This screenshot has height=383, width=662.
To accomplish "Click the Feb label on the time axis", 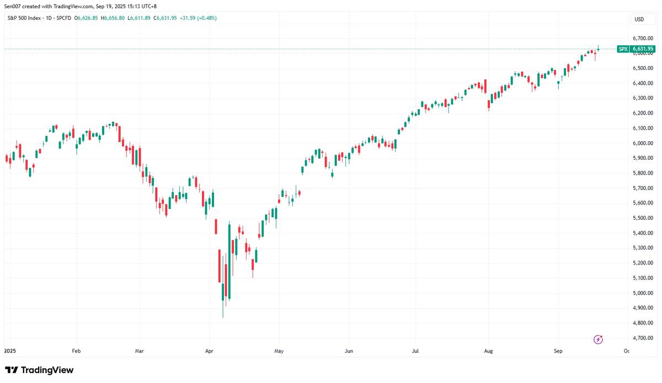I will coord(76,350).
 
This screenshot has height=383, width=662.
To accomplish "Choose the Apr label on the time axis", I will coord(209,350).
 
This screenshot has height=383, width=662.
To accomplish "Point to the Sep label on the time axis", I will coord(558,350).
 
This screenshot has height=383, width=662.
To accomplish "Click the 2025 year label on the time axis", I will coord(10,350).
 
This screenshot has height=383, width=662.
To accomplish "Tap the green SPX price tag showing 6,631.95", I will coord(636,49).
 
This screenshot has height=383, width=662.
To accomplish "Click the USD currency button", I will coord(639,19).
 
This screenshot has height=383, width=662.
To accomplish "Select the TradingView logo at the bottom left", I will coord(39,370).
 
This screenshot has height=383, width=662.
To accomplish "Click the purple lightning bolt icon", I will coord(598,339).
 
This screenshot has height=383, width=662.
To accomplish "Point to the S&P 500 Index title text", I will coord(25,18).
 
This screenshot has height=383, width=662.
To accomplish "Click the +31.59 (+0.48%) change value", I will coord(197,18).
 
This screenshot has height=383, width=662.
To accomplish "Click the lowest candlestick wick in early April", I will coord(223,311).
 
